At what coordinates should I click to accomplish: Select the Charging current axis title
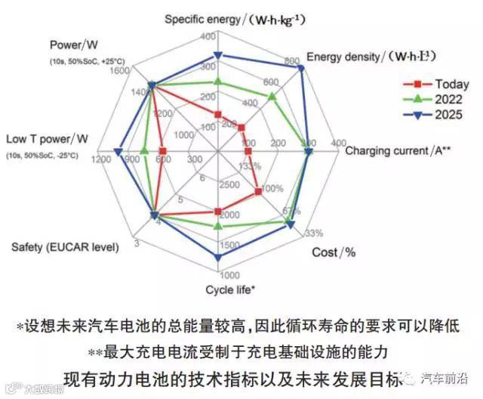click(398, 150)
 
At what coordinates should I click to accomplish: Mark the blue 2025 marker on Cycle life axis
click(218, 258)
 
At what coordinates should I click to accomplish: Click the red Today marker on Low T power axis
click(163, 151)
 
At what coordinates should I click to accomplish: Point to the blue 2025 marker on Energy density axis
click(301, 68)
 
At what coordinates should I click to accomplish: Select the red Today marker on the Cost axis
click(259, 192)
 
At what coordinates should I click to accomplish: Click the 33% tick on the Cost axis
click(314, 232)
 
